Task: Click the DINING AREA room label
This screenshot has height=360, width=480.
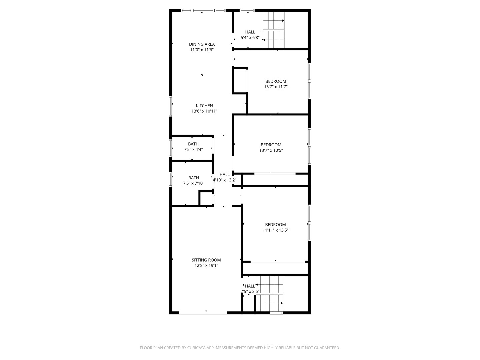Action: click(x=202, y=44)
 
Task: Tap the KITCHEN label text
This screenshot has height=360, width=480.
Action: click(x=204, y=106)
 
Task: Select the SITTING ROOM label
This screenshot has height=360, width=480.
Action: click(x=206, y=260)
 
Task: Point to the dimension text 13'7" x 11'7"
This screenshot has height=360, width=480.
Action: click(x=276, y=87)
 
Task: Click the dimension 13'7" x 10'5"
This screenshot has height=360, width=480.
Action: click(x=271, y=150)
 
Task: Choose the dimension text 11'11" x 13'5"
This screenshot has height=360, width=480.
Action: click(x=275, y=230)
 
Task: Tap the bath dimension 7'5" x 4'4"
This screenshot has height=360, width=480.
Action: click(x=193, y=150)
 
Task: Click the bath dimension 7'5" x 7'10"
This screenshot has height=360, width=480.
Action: click(x=194, y=183)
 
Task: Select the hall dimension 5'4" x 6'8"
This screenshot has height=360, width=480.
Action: click(x=250, y=38)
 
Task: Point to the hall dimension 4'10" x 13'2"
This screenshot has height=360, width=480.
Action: click(x=225, y=180)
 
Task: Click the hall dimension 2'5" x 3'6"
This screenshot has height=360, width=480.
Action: click(x=250, y=292)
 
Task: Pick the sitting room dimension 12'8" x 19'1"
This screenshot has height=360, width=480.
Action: click(x=206, y=266)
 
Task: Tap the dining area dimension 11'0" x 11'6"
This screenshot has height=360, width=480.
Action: click(x=202, y=50)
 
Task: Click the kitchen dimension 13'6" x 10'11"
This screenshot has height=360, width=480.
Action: click(x=204, y=111)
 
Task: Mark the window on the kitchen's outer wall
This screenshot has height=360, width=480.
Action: click(x=170, y=106)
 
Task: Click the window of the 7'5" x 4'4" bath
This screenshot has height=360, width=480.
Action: click(x=170, y=148)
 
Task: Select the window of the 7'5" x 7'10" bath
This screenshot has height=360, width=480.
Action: click(x=170, y=179)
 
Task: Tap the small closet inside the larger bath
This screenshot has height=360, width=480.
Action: click(x=206, y=198)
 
